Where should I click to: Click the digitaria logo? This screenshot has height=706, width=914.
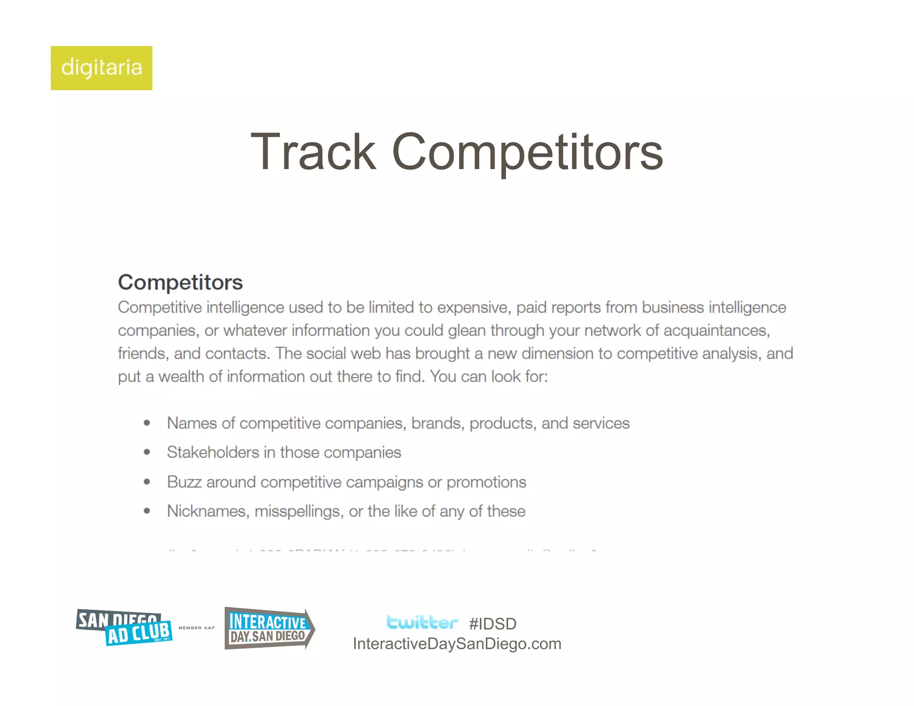point(101,68)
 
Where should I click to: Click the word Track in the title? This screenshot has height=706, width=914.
point(314,152)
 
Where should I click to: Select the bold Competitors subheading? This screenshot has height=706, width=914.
point(180,282)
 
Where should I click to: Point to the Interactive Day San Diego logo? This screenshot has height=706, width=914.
point(269,628)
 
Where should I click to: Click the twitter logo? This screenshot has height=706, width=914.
point(422,622)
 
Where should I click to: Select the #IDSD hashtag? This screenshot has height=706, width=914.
point(493,624)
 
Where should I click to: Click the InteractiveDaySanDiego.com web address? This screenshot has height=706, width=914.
point(457,644)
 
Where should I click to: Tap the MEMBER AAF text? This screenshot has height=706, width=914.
point(197,628)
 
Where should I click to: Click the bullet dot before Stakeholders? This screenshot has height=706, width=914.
point(147,453)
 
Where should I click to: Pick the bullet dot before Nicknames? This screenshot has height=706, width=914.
point(147,511)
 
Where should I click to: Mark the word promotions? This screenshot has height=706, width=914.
point(486,482)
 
